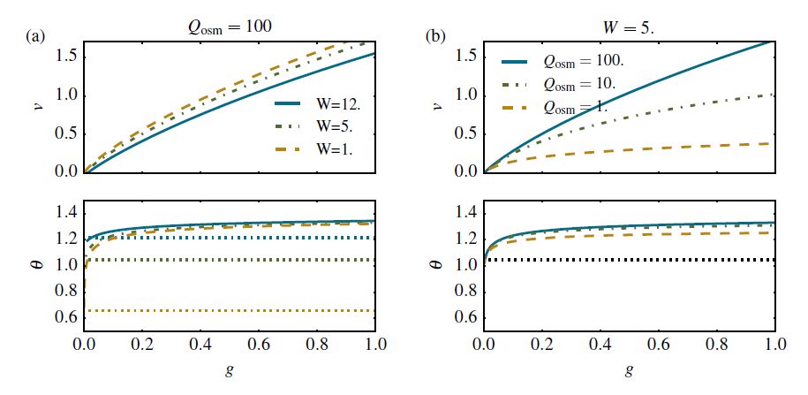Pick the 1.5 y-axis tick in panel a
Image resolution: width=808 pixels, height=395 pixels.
point(67,58)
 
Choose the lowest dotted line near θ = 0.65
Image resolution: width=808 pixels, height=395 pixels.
point(230,310)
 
